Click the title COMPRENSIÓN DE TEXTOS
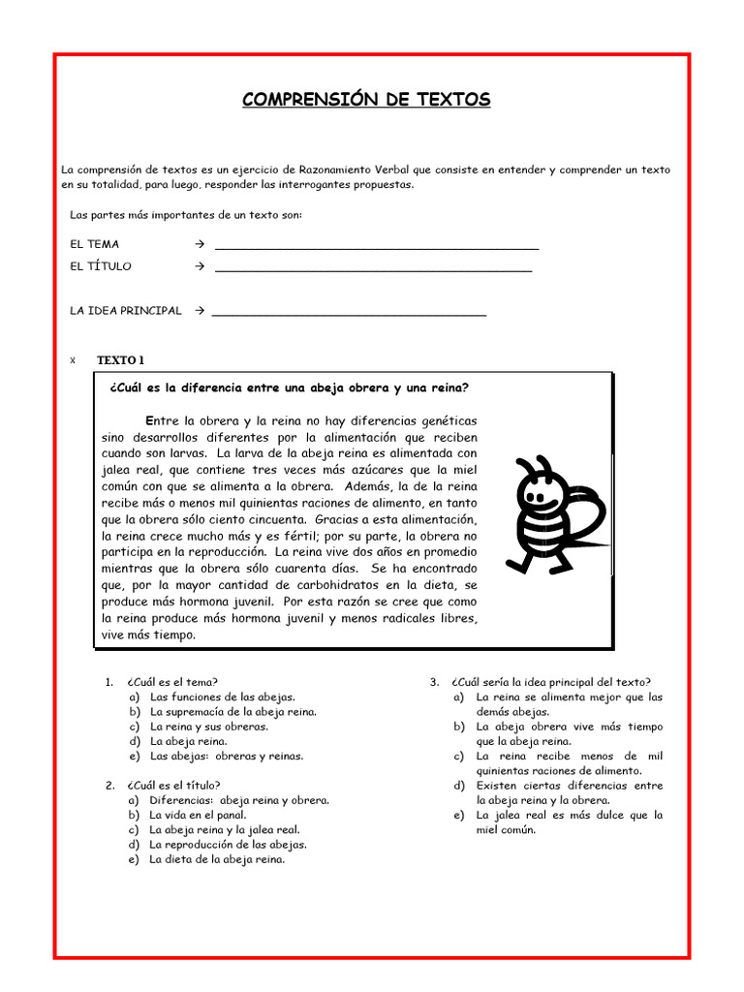(x=366, y=100)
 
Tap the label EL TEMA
(x=95, y=244)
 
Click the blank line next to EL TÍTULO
(x=373, y=270)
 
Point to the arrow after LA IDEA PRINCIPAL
(x=197, y=311)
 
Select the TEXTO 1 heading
(x=120, y=360)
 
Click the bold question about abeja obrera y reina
(x=290, y=388)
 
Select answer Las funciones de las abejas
(x=222, y=697)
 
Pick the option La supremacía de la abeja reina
(x=232, y=711)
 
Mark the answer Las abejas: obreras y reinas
(x=226, y=756)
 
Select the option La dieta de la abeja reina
(x=217, y=859)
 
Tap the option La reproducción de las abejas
(x=228, y=845)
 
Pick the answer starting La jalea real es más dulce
(x=569, y=822)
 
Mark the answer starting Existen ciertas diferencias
(x=569, y=792)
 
